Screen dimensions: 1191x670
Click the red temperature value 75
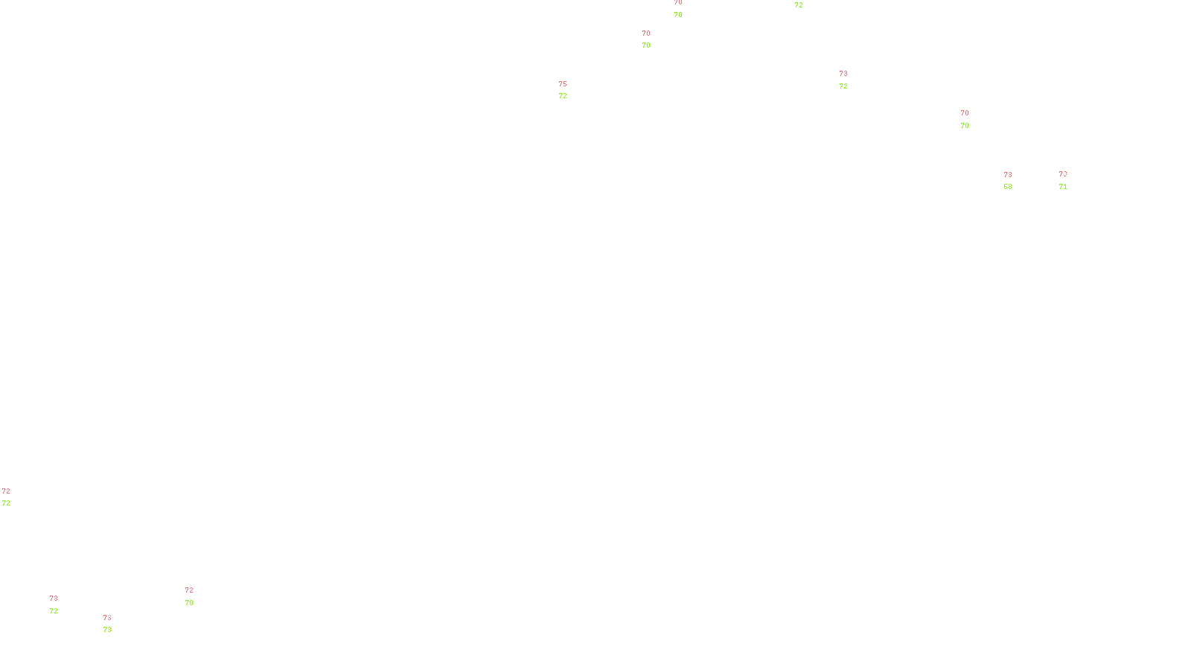(563, 84)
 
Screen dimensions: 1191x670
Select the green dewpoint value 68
(1008, 187)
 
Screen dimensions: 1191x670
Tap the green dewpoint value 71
(1063, 187)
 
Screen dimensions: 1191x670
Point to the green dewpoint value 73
(107, 630)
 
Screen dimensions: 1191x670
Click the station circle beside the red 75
(570, 90)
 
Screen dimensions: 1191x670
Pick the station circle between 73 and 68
(1015, 181)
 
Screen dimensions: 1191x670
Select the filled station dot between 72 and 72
(13, 497)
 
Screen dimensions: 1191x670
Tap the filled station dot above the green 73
(115, 624)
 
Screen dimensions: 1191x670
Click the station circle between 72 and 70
(196, 596)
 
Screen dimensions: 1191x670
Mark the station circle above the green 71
(1070, 180)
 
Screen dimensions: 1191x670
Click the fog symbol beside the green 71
(1063, 181)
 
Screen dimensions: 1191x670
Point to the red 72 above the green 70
(189, 590)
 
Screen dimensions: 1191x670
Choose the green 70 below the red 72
(189, 603)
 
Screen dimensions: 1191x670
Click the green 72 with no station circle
(799, 5)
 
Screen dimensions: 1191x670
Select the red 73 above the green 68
(1008, 175)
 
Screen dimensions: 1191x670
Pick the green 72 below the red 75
(563, 96)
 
